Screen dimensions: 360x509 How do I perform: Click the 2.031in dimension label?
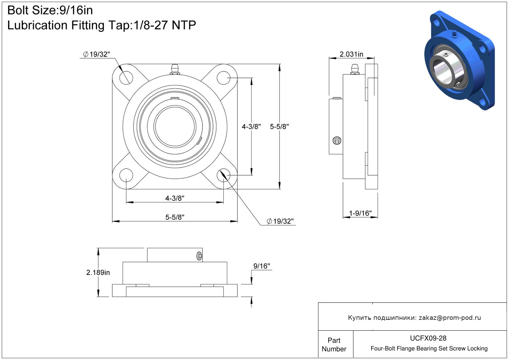tap(351, 54)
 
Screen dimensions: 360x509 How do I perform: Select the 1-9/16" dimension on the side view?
tap(360, 213)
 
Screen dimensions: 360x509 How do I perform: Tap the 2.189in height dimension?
tap(98, 272)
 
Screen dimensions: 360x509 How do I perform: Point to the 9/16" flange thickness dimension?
tap(261, 266)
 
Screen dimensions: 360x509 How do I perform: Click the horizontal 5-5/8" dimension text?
tap(175, 217)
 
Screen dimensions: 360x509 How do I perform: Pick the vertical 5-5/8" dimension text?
tap(279, 126)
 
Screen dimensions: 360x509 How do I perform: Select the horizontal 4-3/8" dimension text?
tap(175, 198)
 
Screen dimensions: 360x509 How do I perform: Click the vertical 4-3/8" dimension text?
tap(251, 126)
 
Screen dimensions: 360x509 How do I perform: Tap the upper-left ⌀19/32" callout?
tap(96, 54)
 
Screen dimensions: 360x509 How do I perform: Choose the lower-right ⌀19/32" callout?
tap(280, 221)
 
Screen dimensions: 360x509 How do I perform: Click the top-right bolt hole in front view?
tap(223, 78)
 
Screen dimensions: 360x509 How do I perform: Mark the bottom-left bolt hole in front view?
tap(126, 175)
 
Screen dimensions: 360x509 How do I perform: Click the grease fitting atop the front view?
tap(175, 69)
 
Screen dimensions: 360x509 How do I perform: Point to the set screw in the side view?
tap(337, 141)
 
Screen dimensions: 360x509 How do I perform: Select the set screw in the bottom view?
tap(199, 256)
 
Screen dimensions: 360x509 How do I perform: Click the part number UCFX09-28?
tap(428, 338)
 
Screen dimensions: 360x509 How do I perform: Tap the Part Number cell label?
tap(334, 345)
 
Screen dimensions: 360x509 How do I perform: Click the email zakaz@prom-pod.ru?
tap(450, 318)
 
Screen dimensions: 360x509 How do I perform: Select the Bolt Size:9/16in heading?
tap(50, 11)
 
